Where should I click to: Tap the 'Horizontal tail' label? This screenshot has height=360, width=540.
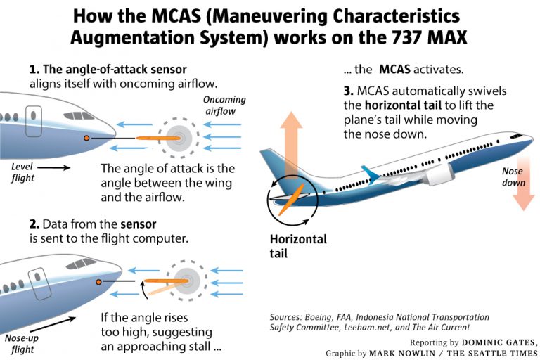click(298, 246)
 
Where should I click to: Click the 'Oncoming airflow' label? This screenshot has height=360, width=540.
click(225, 105)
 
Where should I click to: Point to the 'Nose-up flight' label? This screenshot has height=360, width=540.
click(22, 342)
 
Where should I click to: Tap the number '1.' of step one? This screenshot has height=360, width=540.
click(34, 70)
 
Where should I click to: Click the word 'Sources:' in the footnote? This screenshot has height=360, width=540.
click(287, 317)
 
